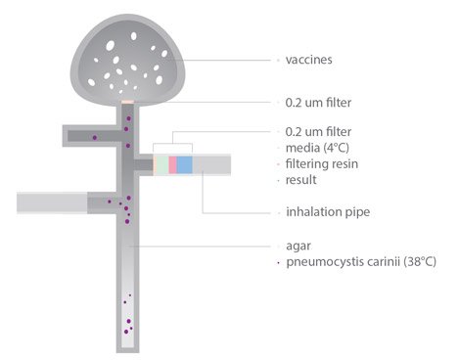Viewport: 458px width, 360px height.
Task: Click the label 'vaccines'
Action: (308, 60)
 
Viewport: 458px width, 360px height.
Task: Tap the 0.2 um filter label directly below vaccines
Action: (318, 103)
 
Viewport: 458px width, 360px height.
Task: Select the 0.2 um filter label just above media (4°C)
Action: (318, 132)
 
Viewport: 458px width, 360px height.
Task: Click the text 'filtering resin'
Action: (322, 163)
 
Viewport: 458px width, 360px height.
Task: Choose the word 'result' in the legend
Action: (301, 180)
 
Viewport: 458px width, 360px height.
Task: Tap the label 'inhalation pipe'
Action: (328, 212)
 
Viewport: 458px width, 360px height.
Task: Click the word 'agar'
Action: (298, 246)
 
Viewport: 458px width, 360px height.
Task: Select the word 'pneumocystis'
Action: (342, 262)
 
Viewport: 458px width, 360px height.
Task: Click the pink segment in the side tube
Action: (172, 164)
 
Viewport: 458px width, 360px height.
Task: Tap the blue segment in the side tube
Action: (184, 164)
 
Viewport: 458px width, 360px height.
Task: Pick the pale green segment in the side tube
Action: (162, 164)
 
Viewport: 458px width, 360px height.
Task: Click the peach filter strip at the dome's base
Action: (127, 102)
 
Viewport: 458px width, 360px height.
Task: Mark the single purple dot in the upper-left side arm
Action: (95, 138)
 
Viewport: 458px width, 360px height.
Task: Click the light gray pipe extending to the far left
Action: (52, 202)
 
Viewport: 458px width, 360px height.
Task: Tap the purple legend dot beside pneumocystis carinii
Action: (278, 262)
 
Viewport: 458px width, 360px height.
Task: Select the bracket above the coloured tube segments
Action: (172, 143)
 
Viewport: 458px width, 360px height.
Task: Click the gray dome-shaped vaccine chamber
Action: (127, 61)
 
